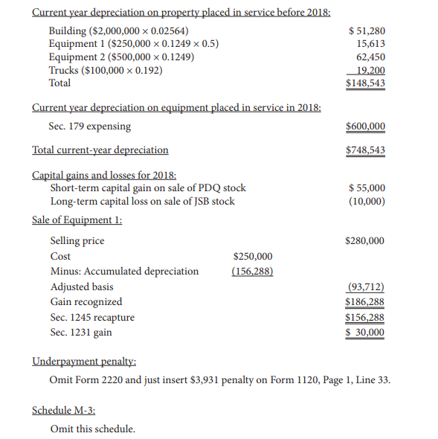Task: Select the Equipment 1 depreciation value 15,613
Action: [x=370, y=44]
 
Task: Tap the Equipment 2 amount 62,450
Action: [x=370, y=57]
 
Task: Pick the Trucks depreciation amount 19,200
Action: [x=370, y=70]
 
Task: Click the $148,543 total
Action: [x=366, y=83]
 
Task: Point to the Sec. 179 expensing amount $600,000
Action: [x=366, y=126]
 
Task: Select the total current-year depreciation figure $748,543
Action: [x=366, y=150]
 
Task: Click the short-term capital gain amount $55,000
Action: [x=367, y=188]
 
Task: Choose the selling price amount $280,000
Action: [x=366, y=241]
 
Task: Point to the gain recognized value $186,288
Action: [x=366, y=302]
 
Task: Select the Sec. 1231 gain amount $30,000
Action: [x=366, y=333]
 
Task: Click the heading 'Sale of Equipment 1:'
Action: [x=77, y=219]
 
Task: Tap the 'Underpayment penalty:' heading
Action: [x=84, y=362]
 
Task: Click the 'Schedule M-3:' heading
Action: [x=63, y=410]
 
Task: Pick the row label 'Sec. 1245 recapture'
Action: [x=92, y=318]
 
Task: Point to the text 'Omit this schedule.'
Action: [x=92, y=429]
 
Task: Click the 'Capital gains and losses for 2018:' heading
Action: [x=104, y=176]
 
